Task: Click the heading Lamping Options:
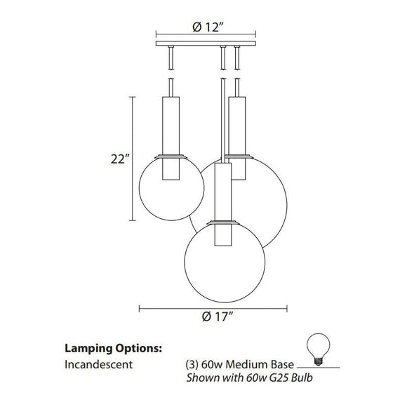coord(114,347)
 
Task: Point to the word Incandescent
coord(98,365)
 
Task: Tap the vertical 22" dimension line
coord(133,158)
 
